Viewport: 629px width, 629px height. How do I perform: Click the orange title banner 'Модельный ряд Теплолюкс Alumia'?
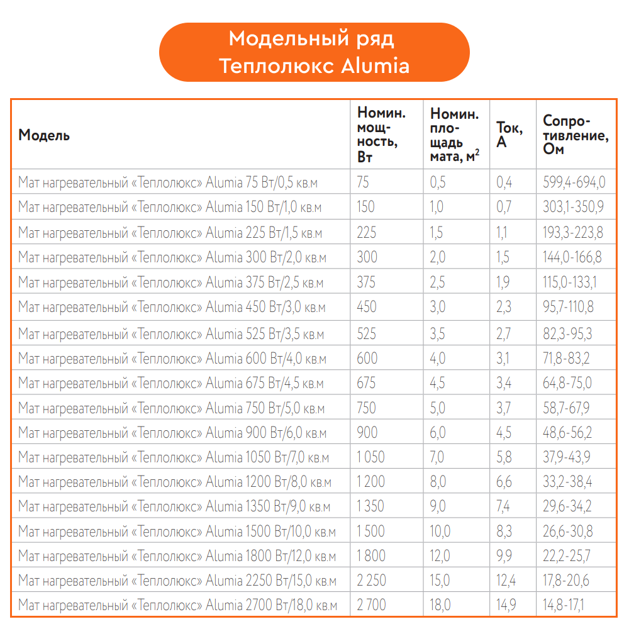(314, 52)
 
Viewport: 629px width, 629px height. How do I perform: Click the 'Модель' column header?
(44, 135)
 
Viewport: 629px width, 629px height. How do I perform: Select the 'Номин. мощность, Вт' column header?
(381, 135)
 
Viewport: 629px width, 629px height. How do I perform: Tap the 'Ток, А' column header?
(509, 135)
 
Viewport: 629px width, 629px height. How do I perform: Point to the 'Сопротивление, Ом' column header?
(576, 135)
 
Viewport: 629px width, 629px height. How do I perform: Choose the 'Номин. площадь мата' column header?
(455, 135)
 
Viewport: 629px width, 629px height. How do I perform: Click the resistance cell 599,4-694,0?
(574, 182)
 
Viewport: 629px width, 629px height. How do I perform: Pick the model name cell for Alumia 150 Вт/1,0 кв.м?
(170, 207)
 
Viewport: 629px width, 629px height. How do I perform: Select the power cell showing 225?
(367, 232)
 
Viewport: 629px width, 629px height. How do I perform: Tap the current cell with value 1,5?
(503, 257)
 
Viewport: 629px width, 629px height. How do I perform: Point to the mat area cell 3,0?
(438, 307)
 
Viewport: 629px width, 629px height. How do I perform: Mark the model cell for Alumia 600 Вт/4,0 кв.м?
(172, 359)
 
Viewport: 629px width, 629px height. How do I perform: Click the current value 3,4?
(504, 383)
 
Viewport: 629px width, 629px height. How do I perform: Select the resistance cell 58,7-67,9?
(566, 408)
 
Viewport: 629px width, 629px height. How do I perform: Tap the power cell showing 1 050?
(370, 457)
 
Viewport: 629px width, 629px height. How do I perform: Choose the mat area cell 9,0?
(438, 506)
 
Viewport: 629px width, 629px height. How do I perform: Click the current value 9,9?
(504, 556)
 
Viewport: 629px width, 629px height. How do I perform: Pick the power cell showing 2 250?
(371, 580)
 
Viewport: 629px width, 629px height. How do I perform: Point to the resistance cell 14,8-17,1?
(564, 605)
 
